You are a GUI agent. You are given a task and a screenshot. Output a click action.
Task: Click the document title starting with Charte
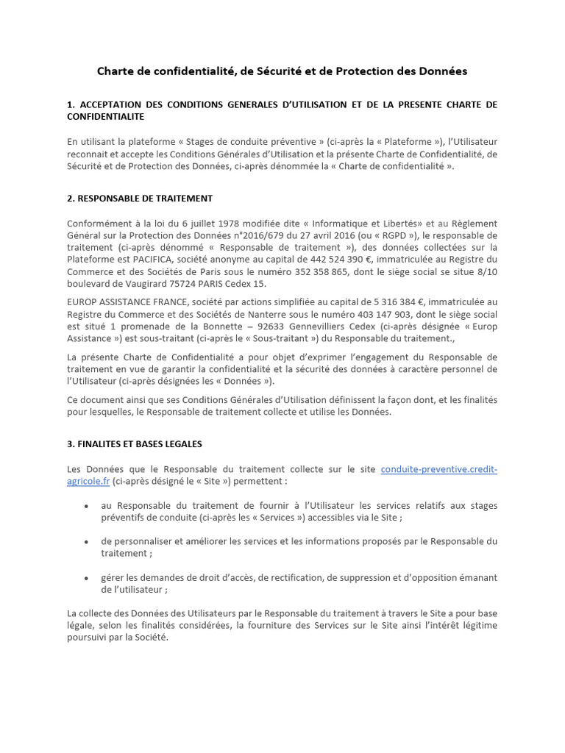(x=282, y=71)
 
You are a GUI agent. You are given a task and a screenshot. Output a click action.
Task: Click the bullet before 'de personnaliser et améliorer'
(x=87, y=541)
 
